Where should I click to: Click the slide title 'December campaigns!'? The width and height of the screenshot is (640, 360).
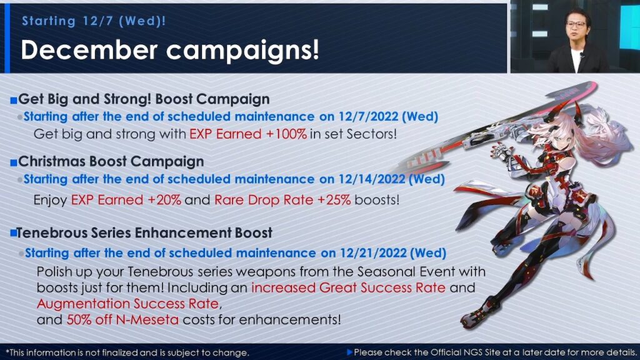coord(170,50)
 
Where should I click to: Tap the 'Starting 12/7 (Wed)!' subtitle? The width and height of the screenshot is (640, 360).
coord(94,21)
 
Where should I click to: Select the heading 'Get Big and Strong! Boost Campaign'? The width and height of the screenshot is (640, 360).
coord(144,99)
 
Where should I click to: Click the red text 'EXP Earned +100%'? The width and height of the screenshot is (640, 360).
coord(248,134)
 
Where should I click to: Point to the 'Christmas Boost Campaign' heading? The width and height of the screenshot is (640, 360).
coord(111,162)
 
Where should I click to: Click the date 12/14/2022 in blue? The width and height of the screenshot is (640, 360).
coord(372,179)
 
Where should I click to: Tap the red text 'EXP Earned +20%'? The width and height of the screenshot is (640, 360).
coord(126,200)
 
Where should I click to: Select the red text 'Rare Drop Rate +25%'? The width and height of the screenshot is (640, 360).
coord(282,200)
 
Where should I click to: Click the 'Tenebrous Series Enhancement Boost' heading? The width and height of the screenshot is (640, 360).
coord(144,232)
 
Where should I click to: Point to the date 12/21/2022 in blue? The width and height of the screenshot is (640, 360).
coord(374,253)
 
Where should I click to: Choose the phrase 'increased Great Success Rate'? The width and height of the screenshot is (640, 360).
coord(348,287)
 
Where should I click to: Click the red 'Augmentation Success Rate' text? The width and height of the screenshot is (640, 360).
coord(128,304)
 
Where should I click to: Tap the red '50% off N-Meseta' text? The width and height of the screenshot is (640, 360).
coord(122,319)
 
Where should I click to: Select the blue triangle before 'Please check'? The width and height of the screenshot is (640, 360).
coord(349,352)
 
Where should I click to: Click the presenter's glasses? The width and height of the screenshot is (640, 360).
coord(576,24)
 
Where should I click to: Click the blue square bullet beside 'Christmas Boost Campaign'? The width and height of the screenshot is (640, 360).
coord(14,163)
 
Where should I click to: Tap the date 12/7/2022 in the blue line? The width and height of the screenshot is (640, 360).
coord(369,117)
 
